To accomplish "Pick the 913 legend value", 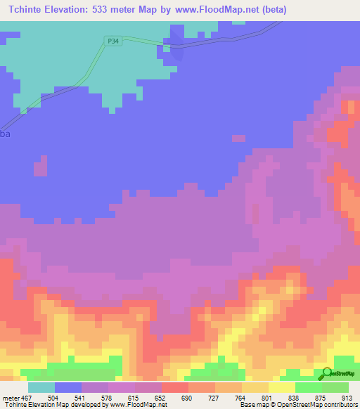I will pos(345,397).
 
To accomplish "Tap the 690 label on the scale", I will pos(188,397).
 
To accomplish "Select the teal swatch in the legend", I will pos(41,387).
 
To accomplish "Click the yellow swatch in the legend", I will pos(281,387).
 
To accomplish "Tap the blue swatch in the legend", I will pos(68,387).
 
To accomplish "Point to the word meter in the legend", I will pos(11,397).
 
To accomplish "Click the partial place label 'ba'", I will pos(6,134).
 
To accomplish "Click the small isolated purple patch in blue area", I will pos(40,167).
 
